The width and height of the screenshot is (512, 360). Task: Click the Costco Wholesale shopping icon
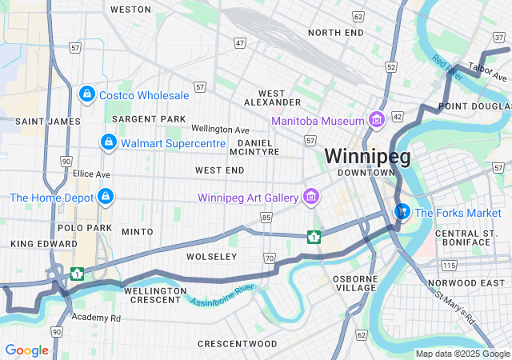tap(86, 95)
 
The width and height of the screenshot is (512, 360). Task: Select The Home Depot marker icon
tap(105, 197)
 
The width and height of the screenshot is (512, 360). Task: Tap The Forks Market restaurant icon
tap(402, 213)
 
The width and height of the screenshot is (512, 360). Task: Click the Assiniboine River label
tap(222, 293)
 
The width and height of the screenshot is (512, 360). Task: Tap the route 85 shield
tap(266, 217)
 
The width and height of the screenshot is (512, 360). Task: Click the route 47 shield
tap(240, 42)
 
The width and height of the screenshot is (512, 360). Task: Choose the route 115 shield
tap(450, 265)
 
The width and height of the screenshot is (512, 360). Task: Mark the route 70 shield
tap(270, 258)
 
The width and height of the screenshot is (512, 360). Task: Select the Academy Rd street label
tap(95, 318)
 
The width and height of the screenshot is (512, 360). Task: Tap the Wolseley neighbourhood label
tap(211, 257)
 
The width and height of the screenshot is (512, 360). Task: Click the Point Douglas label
tap(474, 106)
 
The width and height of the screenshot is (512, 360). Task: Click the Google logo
tap(26, 350)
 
